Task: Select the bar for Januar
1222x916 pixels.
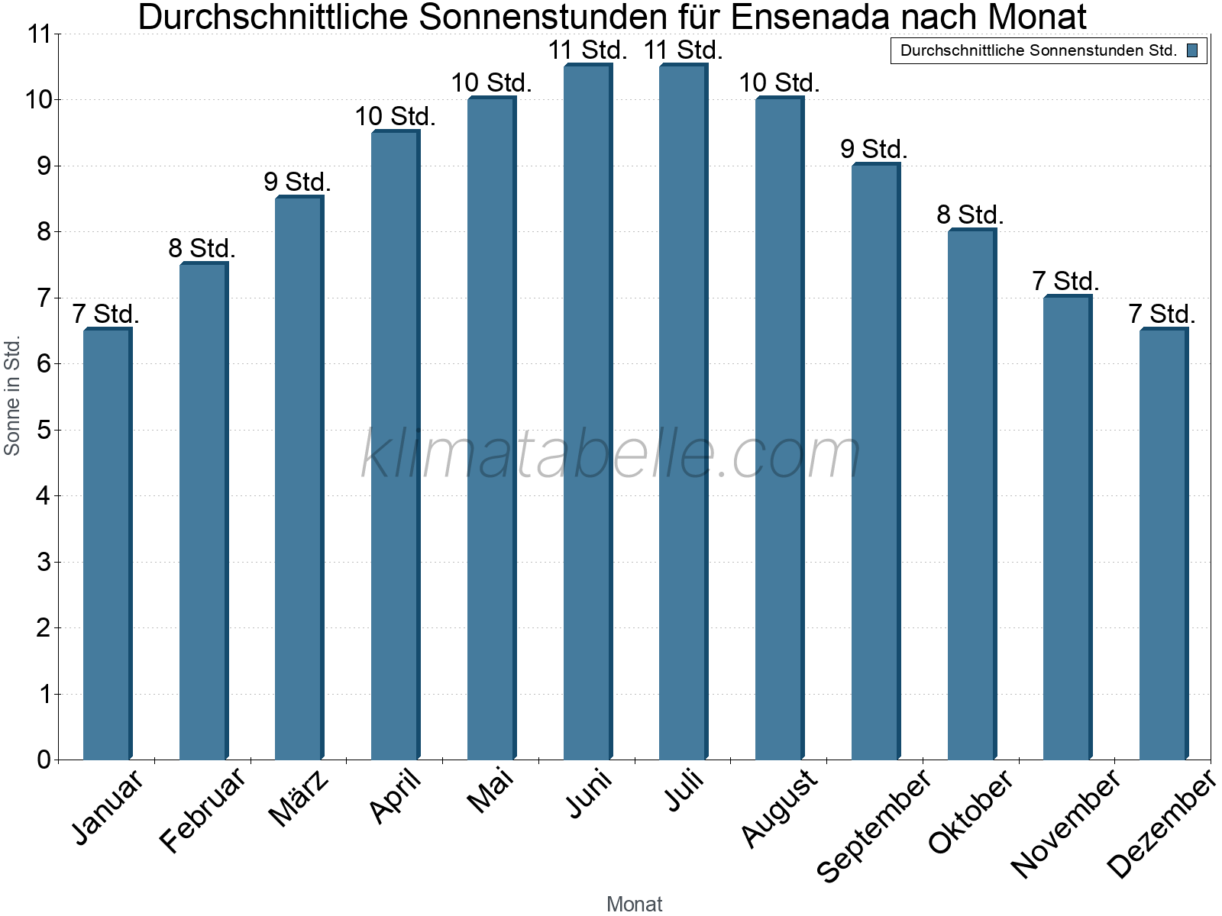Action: pos(107,543)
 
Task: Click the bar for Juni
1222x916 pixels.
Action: pos(587,412)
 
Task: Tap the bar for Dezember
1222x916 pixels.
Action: pos(1163,543)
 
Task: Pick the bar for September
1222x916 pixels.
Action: pos(875,462)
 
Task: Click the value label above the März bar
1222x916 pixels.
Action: pos(298,182)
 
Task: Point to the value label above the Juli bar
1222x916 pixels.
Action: pos(683,50)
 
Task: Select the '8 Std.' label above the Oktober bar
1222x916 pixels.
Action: pos(970,215)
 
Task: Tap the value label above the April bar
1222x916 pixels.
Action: pos(395,117)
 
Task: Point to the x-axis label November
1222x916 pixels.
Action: pos(1066,823)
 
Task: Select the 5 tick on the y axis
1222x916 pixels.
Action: pos(44,431)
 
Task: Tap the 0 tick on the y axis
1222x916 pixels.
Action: pos(44,760)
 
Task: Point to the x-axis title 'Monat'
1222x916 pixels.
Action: pos(634,904)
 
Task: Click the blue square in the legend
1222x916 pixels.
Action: pos(1192,51)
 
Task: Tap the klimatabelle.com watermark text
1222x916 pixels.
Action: pos(611,455)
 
